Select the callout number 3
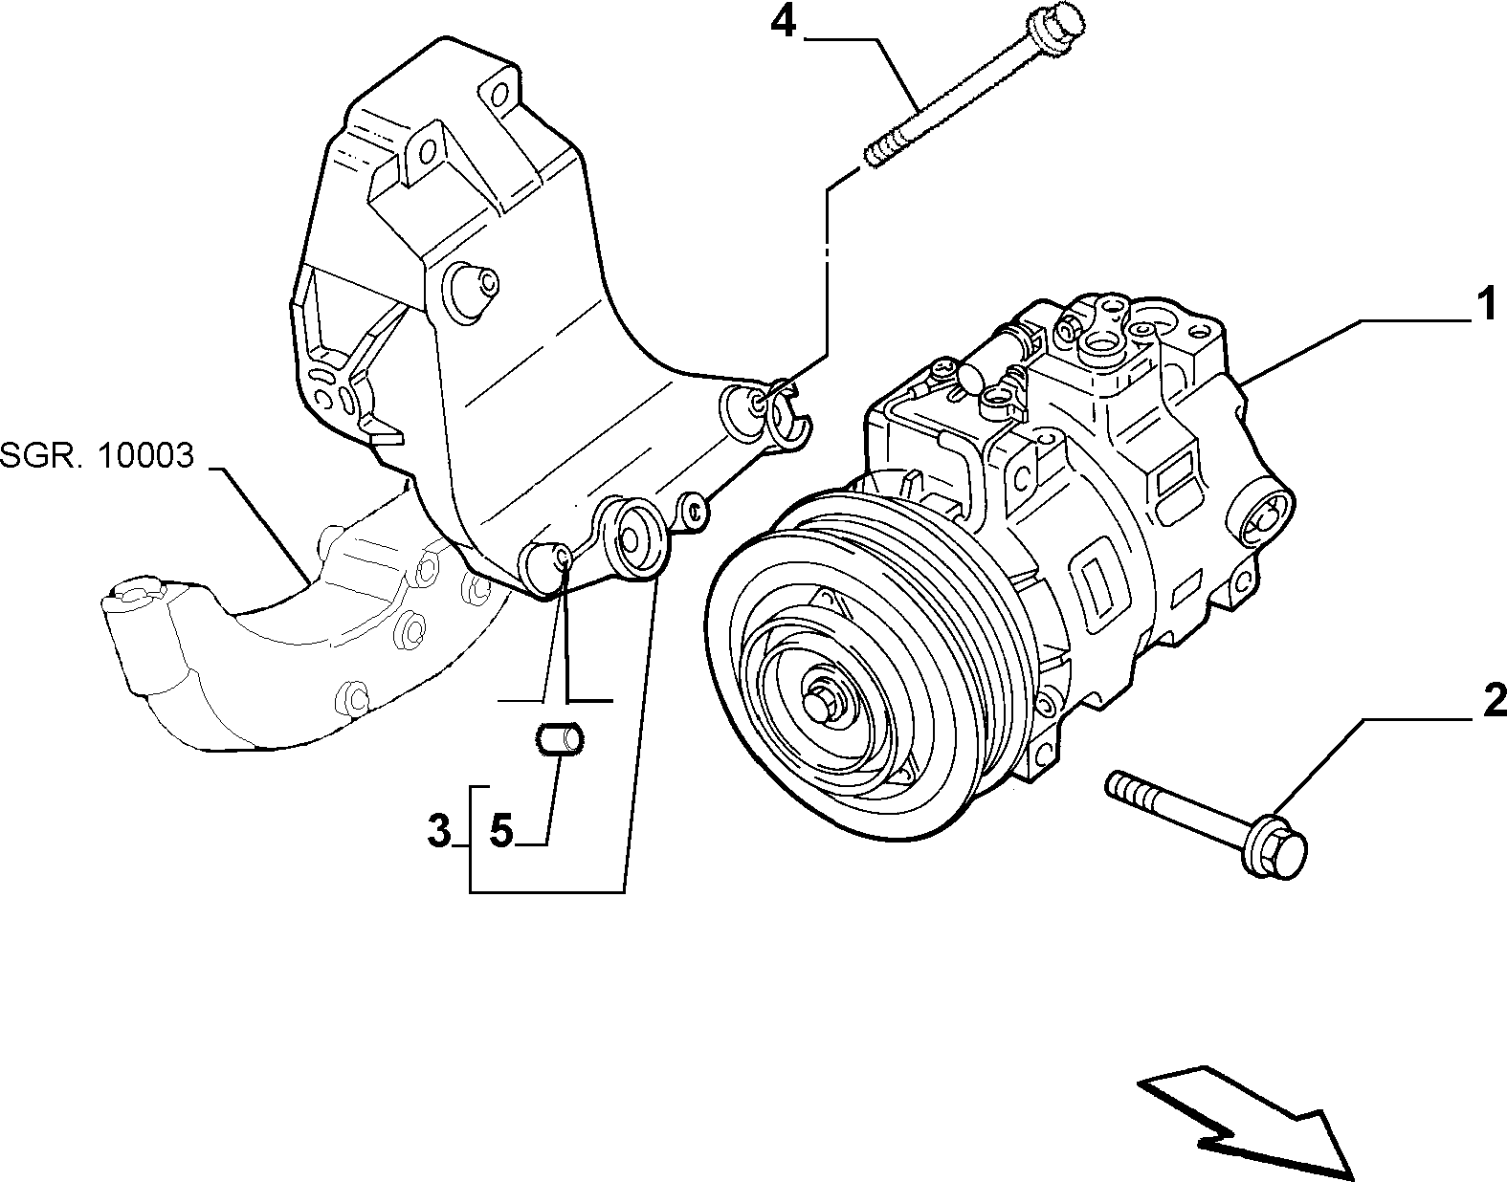point(439,831)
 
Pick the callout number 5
point(500,831)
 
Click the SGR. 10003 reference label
point(97,456)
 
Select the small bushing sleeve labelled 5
point(561,739)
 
